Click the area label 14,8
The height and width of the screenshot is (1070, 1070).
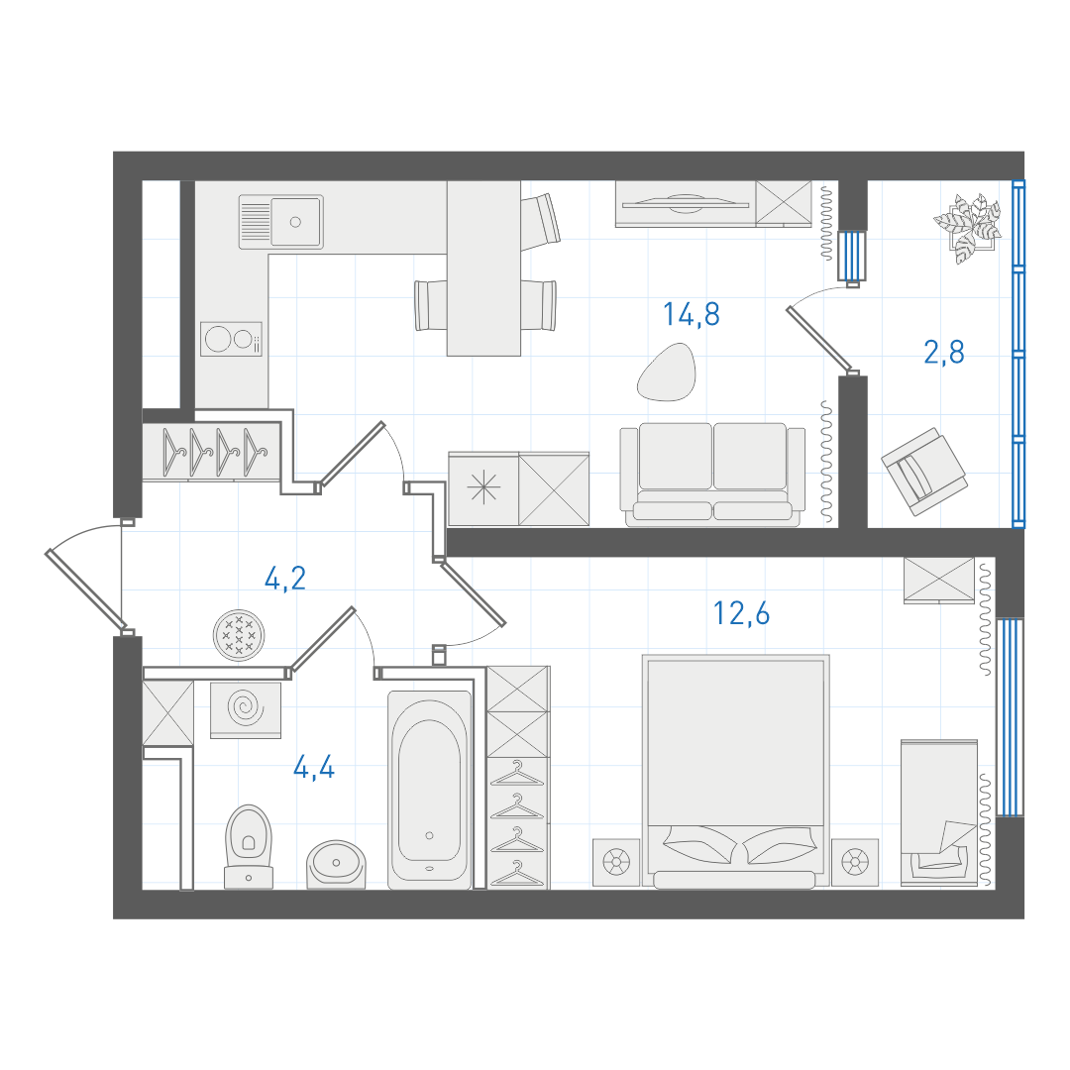692,315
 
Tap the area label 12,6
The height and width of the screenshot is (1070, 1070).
741,613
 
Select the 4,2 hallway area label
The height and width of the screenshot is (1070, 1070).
285,579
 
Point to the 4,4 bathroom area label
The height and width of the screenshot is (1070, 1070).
314,768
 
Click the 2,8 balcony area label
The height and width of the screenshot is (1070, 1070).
944,352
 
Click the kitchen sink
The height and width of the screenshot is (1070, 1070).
281,222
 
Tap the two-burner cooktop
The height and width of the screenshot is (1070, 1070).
231,339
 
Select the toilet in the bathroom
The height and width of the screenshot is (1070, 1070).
249,847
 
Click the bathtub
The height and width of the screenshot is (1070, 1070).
429,791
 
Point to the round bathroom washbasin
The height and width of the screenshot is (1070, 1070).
336,865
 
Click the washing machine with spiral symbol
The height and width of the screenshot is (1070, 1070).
246,709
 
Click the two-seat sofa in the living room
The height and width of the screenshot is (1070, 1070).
712,475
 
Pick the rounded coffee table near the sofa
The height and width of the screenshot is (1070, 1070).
667,372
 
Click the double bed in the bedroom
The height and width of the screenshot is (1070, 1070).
735,772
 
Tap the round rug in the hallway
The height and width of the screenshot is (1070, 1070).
239,635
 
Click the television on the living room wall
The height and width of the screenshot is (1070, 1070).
686,203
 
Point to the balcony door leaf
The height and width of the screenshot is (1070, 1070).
820,339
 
